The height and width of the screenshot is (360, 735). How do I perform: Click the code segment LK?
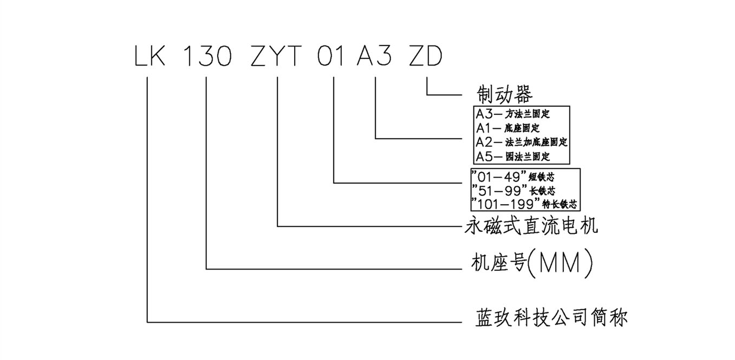point(149,57)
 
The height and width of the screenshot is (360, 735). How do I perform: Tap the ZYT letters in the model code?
point(277,57)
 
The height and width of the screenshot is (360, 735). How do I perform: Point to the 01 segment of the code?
point(331,57)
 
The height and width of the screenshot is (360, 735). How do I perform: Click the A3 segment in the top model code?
point(374,57)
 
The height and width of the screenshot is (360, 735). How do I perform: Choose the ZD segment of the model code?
point(426,57)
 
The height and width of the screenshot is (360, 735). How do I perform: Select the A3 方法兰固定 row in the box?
point(513,114)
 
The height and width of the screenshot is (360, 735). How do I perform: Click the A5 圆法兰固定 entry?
point(513,156)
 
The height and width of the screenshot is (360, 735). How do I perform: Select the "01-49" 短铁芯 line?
point(513,176)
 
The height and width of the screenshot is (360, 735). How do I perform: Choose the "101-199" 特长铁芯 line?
point(525,204)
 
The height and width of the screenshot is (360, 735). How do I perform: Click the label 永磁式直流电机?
point(531,225)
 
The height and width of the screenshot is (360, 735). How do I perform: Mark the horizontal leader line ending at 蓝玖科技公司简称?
point(303,323)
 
